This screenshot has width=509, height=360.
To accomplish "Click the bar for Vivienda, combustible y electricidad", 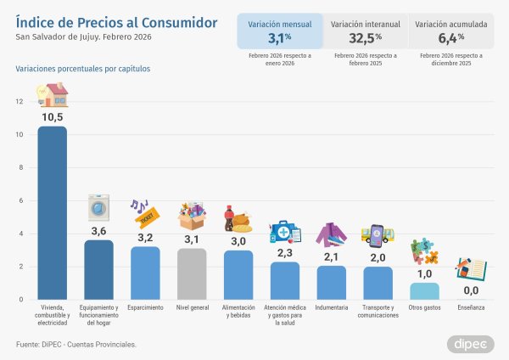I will tap(53, 212).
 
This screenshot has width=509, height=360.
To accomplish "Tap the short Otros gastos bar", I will tap(424, 291).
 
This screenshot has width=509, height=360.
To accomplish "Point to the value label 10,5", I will tap(53, 117).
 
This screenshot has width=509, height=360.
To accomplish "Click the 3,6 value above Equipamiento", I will tap(98, 231).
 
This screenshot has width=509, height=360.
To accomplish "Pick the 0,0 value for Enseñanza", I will tap(471, 290).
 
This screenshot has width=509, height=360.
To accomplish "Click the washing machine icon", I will tap(98, 208).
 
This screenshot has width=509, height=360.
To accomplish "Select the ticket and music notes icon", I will tap(145, 213).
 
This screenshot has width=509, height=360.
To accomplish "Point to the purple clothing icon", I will tap(332, 234).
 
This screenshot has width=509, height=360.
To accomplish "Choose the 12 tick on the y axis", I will tap(20, 101).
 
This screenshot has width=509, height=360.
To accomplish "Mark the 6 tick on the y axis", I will tap(21, 200).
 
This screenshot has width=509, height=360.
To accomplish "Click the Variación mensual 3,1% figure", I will tap(280, 38).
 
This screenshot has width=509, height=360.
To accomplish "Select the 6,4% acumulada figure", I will tap(451, 38).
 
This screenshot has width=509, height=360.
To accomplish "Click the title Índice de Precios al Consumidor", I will tap(116, 20).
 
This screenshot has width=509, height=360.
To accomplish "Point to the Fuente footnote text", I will tap(76, 344).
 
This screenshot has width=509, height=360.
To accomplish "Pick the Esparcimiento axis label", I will tap(145, 307).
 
